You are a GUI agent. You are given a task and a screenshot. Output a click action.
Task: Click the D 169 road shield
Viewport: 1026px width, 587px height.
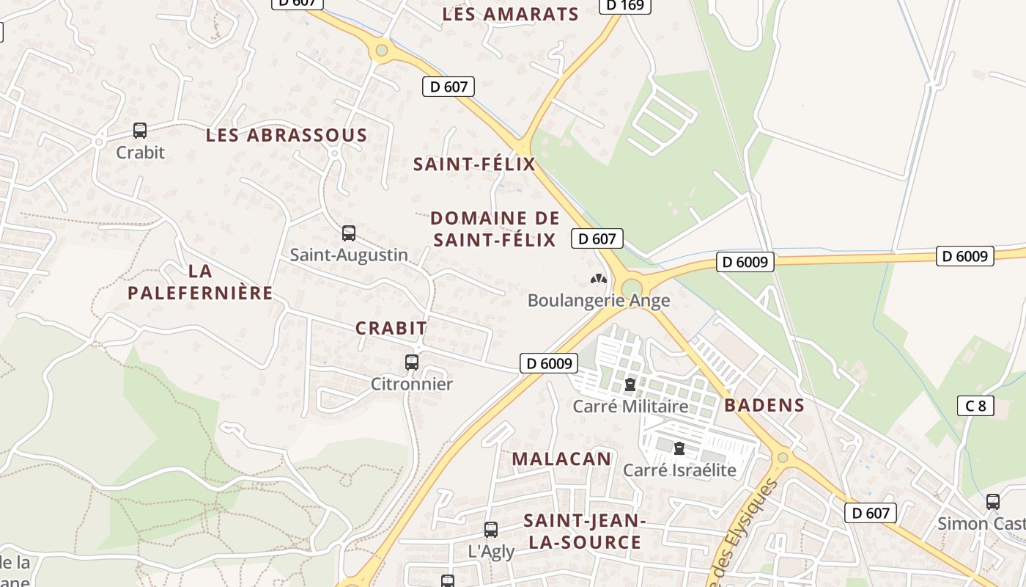[625, 6]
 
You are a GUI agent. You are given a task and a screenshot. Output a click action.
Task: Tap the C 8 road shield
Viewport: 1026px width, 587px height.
[975, 405]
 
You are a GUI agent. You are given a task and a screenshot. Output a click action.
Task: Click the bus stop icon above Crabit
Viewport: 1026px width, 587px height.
[140, 131]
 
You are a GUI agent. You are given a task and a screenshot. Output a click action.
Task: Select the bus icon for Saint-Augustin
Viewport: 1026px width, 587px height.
[349, 233]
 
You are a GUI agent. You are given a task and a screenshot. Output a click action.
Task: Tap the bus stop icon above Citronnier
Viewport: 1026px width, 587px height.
[412, 362]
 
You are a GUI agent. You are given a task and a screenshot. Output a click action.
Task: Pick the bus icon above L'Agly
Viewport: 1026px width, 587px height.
[491, 529]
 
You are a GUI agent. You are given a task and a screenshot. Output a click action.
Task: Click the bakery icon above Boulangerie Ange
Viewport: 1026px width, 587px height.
[598, 279]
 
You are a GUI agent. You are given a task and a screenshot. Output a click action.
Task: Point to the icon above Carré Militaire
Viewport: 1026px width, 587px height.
[630, 384]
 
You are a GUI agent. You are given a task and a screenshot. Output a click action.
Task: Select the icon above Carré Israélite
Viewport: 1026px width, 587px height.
[679, 448]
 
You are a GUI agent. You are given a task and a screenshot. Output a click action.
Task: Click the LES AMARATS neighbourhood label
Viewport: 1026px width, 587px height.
[511, 14]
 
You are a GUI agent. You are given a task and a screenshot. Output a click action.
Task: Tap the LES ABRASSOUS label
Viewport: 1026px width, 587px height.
[287, 135]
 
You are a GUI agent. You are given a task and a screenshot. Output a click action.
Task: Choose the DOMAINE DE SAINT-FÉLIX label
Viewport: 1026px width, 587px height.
[495, 228]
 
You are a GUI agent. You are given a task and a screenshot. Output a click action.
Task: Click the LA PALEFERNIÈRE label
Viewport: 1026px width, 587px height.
[200, 282]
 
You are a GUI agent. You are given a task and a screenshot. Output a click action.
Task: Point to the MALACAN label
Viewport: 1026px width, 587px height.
[561, 459]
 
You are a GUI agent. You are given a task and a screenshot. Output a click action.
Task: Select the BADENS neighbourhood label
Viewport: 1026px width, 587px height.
[764, 405]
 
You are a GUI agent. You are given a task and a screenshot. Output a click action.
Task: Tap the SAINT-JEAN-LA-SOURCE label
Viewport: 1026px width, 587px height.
[583, 531]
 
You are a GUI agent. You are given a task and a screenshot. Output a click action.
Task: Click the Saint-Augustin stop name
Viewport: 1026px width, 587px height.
[349, 255]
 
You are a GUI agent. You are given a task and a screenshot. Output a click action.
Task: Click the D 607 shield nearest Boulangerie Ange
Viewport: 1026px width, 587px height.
[597, 238]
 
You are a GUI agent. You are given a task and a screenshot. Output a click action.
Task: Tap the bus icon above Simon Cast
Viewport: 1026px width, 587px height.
[993, 502]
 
